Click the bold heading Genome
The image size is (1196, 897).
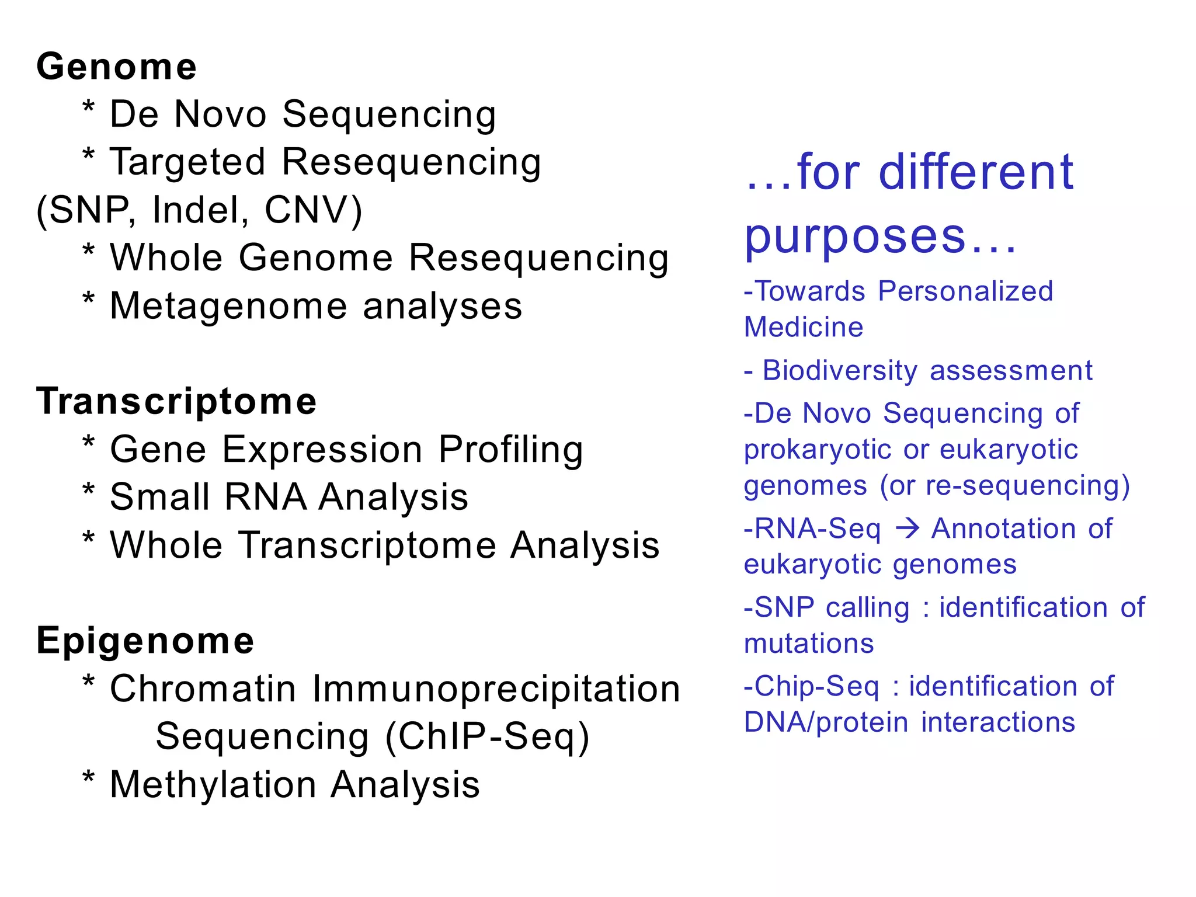click(116, 67)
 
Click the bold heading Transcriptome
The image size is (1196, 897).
click(176, 402)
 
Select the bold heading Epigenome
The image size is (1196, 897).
click(145, 641)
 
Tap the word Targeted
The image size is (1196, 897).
click(187, 162)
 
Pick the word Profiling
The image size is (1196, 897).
click(510, 450)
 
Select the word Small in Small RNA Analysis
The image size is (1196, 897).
click(159, 498)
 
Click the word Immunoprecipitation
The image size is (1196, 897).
click(496, 689)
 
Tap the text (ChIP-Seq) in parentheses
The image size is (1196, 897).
click(488, 737)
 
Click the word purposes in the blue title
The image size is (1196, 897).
click(856, 237)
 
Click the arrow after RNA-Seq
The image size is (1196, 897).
click(908, 529)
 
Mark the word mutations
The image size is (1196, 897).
click(809, 644)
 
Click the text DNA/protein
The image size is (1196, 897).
click(826, 723)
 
